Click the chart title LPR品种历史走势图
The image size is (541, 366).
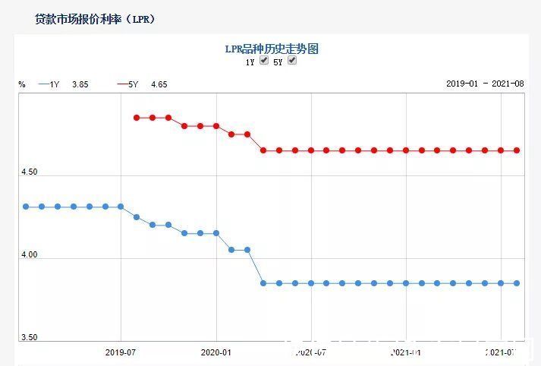click(272, 49)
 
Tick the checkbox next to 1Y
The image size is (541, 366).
click(264, 61)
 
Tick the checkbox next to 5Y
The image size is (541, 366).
click(292, 61)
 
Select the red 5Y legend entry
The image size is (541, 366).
click(128, 84)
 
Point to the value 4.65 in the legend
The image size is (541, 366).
click(159, 84)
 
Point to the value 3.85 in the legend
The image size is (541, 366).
click(80, 84)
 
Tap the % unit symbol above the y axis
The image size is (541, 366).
click(22, 84)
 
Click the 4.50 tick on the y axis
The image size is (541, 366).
click(29, 172)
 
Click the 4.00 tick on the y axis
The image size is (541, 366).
click(29, 255)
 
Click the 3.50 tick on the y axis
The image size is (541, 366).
click(29, 338)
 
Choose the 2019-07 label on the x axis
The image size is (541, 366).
click(121, 352)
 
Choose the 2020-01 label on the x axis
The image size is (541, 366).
click(216, 352)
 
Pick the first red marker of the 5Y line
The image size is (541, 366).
click(137, 118)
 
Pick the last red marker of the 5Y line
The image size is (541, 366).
click(517, 150)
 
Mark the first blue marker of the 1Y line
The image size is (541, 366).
click(26, 207)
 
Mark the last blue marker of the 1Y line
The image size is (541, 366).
click(517, 283)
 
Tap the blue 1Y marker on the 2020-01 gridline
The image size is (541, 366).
click(216, 233)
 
